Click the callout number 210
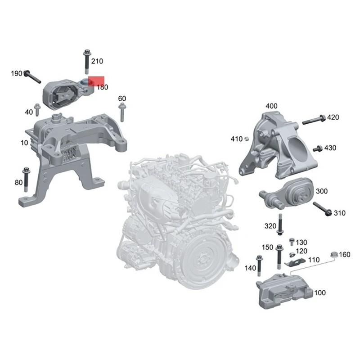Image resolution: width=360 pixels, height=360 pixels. (97, 61)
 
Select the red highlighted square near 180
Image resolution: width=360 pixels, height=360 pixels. (96, 81)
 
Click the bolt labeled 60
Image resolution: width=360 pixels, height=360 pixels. (121, 112)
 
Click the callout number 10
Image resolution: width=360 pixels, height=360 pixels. (23, 143)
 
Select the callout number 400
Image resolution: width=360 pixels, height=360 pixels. (271, 106)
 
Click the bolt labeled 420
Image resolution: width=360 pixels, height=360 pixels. (312, 120)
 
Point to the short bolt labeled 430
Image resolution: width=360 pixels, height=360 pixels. (317, 148)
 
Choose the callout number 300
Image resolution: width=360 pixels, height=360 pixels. (322, 191)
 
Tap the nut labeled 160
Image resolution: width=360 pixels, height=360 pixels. (334, 255)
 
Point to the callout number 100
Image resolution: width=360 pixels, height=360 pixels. (320, 293)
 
